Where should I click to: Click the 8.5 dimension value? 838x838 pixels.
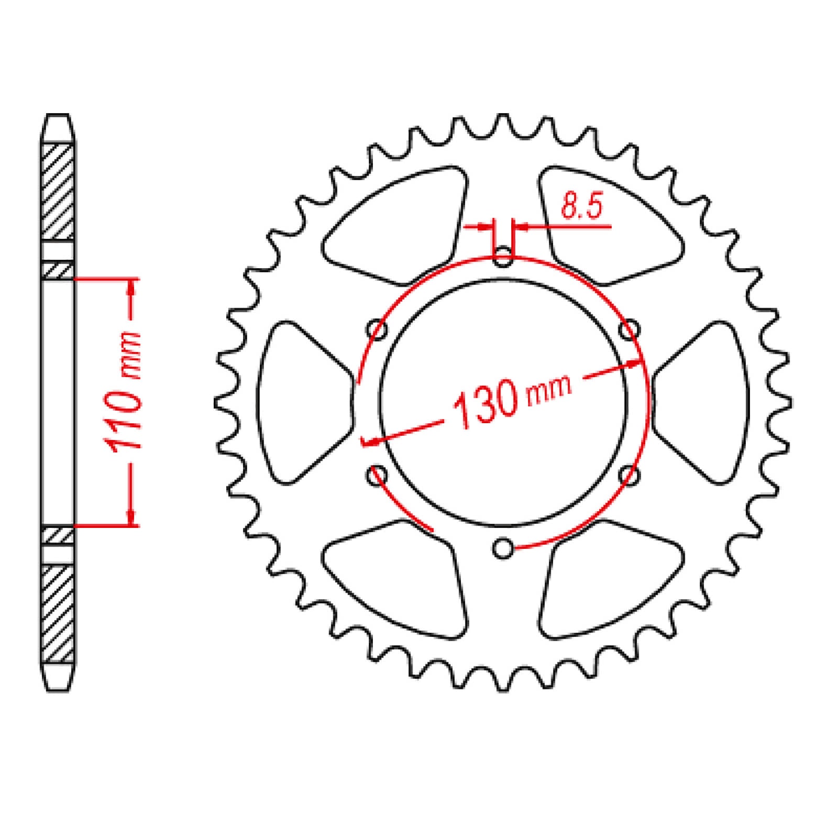[x=582, y=206]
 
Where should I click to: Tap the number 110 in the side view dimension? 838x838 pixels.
[x=124, y=420]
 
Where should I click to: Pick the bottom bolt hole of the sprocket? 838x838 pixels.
[x=503, y=548]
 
